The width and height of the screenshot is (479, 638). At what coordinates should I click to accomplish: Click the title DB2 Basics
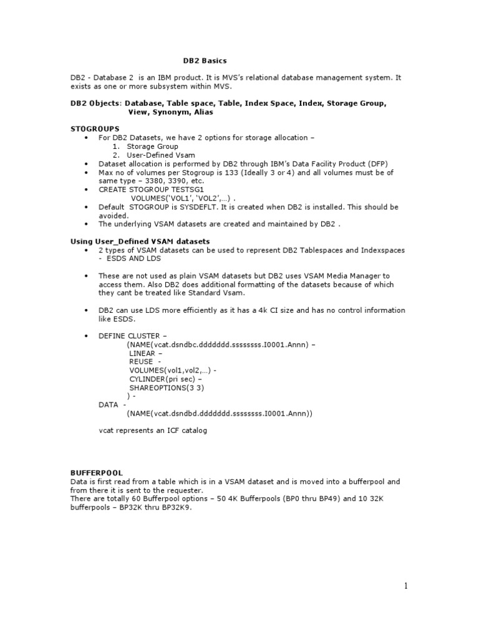(205, 61)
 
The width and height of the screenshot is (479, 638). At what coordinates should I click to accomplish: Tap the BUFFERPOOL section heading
(96, 473)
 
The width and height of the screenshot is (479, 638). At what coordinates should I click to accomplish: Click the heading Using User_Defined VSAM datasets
(140, 240)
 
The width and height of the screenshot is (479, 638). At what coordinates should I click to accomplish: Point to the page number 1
(405, 586)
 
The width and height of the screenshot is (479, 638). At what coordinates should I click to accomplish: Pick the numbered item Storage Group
(152, 146)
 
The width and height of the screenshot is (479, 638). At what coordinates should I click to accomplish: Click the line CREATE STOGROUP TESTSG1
(152, 189)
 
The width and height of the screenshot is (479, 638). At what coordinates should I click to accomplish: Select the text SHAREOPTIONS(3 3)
(167, 388)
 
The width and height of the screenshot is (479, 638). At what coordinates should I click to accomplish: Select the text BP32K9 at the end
(178, 508)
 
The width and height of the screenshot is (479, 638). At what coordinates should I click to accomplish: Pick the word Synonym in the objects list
(170, 112)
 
